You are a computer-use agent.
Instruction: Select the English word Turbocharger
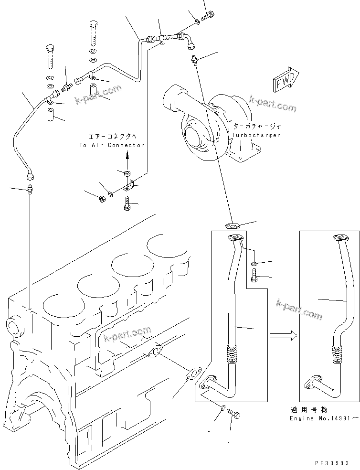tap(256, 135)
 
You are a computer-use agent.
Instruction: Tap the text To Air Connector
tap(112, 145)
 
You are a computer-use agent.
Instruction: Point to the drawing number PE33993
tap(332, 463)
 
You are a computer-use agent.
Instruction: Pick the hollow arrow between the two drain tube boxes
tap(281, 336)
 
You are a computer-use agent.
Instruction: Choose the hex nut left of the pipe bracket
tap(102, 199)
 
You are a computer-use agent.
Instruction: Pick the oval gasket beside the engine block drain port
tap(193, 375)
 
